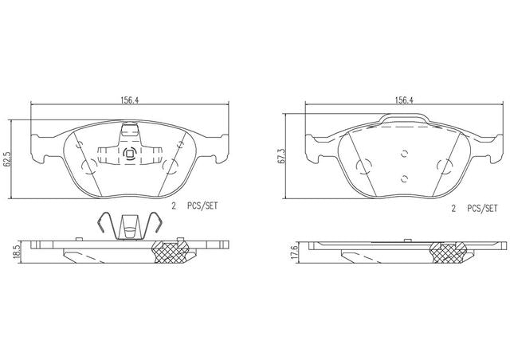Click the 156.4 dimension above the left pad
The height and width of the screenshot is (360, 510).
click(x=130, y=100)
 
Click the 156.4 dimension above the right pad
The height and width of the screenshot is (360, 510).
click(x=404, y=100)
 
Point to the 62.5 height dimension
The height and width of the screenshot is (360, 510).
click(x=6, y=158)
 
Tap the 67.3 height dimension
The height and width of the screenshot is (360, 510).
click(x=281, y=156)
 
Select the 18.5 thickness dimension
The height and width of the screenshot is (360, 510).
click(x=18, y=252)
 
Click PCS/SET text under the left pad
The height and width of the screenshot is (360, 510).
click(x=202, y=205)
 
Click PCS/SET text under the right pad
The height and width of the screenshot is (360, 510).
click(x=482, y=209)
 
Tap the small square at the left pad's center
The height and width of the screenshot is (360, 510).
click(x=129, y=153)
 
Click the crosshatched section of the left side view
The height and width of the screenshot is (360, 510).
click(x=170, y=252)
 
